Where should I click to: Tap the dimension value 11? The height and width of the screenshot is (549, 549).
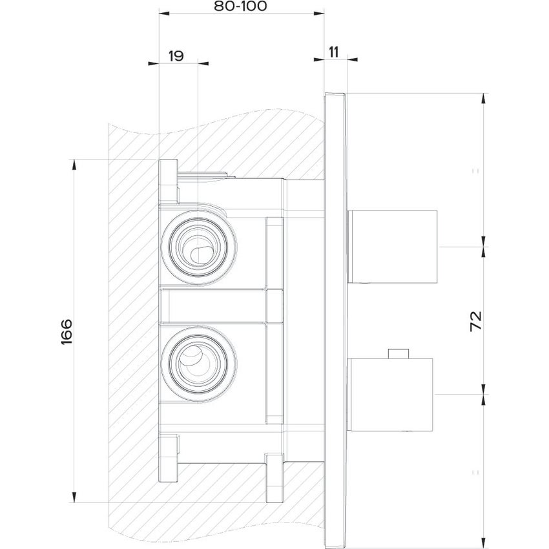tap(335, 52)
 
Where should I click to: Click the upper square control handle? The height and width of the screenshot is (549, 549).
tap(393, 246)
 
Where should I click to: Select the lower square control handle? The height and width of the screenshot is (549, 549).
tap(393, 394)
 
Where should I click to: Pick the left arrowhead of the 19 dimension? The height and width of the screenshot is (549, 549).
tap(153, 63)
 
